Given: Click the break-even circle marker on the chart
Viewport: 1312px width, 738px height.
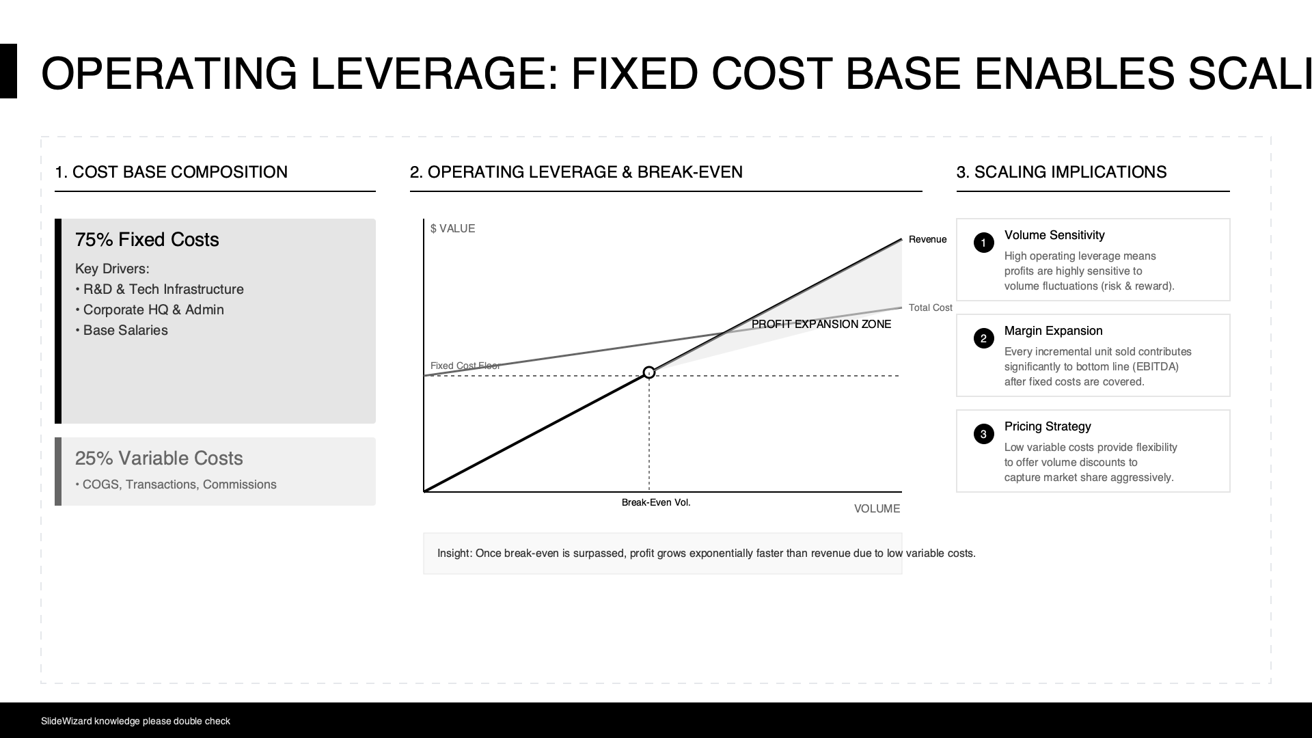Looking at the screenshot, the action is click(649, 372).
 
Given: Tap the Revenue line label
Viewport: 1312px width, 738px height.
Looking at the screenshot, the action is click(927, 239).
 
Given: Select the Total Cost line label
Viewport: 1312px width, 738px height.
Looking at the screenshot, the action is click(930, 307).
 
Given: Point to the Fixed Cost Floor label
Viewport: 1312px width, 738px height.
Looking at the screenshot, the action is click(465, 366).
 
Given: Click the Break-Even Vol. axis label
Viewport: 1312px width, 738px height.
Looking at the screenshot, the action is click(656, 502).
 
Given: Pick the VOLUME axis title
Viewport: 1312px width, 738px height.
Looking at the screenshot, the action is click(877, 508).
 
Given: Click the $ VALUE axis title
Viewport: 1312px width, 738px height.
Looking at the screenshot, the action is click(452, 228).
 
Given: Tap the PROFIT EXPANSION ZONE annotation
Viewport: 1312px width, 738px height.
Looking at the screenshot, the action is click(821, 324).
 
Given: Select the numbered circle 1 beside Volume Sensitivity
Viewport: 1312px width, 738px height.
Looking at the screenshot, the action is click(984, 243).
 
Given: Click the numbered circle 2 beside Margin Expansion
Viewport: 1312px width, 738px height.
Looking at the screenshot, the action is click(984, 338).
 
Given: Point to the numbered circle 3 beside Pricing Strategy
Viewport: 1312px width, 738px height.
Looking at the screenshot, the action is click(984, 434).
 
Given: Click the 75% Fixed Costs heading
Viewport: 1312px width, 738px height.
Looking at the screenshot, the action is click(147, 240).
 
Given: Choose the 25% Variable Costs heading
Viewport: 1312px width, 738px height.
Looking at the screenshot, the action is click(159, 459).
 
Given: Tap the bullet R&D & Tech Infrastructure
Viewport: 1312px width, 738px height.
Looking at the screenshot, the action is click(159, 289).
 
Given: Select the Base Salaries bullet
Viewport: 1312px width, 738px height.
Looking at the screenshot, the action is click(122, 330).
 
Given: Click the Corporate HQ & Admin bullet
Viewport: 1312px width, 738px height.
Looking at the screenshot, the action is click(150, 310).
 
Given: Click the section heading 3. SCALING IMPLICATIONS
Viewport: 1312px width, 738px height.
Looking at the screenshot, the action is click(1062, 172).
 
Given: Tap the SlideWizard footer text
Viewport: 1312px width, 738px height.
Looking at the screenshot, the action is click(135, 721).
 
